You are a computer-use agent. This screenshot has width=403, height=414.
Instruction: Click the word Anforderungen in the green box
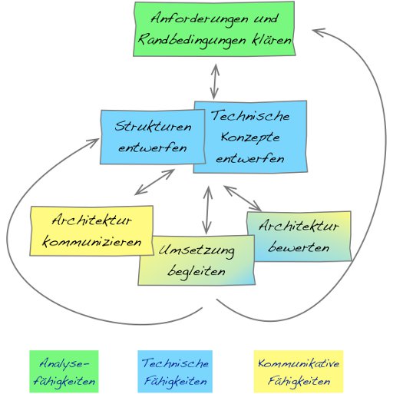(200, 19)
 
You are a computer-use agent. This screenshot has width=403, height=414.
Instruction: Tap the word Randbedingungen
(191, 41)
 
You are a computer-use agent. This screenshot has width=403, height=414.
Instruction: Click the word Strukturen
(153, 127)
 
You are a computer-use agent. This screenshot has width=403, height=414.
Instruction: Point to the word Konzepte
(250, 137)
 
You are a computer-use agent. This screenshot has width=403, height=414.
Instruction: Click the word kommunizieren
(92, 242)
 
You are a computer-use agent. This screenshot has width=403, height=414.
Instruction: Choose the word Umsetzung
(197, 251)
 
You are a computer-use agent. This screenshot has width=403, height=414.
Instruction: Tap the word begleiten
(197, 271)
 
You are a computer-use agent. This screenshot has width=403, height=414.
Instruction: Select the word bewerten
(299, 247)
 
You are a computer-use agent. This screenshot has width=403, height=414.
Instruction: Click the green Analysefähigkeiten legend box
(64, 372)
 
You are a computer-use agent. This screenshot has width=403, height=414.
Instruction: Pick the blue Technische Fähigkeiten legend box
(175, 372)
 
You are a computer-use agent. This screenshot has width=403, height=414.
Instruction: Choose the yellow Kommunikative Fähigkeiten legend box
(299, 372)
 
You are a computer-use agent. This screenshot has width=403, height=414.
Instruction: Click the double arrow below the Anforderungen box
(215, 82)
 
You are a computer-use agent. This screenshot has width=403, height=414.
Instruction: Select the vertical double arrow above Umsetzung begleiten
(207, 210)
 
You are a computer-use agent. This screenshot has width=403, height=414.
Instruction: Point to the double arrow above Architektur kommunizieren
(154, 182)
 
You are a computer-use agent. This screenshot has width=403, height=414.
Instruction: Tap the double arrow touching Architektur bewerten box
(243, 198)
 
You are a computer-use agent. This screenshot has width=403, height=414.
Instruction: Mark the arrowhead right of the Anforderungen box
(318, 32)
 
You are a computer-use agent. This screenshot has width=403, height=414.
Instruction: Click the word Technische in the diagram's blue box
(250, 116)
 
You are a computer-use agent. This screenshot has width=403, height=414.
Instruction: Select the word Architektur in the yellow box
(91, 220)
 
